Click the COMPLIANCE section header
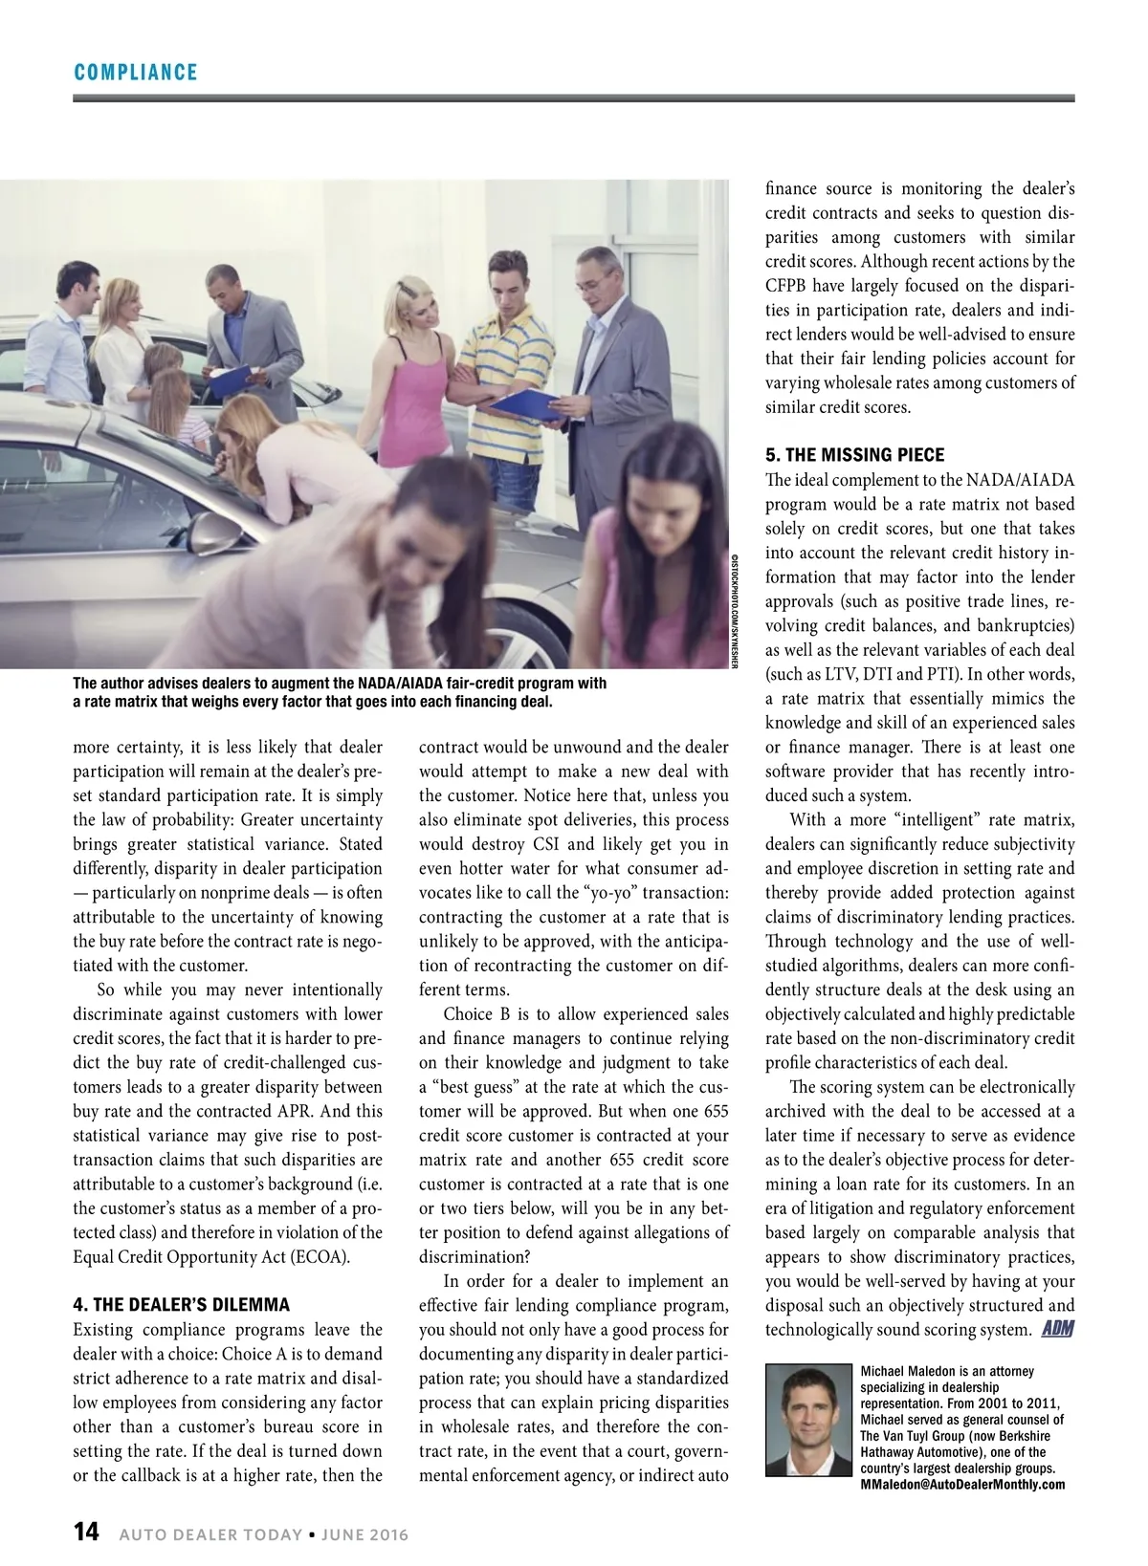(135, 73)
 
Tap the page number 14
(86, 1532)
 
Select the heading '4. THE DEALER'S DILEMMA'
(181, 1305)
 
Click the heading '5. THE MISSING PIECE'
(854, 455)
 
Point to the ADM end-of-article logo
(1056, 1328)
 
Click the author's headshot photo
(809, 1421)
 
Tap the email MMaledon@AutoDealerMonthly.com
(962, 1484)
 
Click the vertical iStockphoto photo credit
(735, 611)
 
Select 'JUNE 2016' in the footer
(364, 1534)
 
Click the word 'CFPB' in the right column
(787, 286)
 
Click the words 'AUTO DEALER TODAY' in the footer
(210, 1534)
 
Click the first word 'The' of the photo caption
(84, 684)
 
